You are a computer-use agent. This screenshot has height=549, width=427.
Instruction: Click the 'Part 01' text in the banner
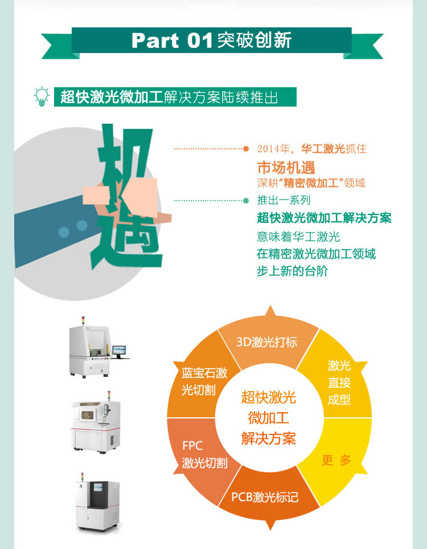[x=172, y=40]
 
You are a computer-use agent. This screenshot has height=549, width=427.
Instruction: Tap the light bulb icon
[x=42, y=96]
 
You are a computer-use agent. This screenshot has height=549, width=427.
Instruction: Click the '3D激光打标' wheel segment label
[x=267, y=342]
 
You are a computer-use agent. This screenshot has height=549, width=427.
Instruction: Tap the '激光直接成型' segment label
[x=339, y=382]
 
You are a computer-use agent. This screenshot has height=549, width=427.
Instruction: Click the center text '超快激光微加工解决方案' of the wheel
[x=269, y=418]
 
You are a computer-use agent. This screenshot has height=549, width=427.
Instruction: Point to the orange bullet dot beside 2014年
[x=246, y=149]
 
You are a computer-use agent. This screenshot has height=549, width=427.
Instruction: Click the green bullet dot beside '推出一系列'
[x=246, y=201]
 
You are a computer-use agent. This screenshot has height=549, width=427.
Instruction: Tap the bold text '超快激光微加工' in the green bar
[x=112, y=97]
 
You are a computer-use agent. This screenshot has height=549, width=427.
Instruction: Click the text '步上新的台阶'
[x=292, y=271]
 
